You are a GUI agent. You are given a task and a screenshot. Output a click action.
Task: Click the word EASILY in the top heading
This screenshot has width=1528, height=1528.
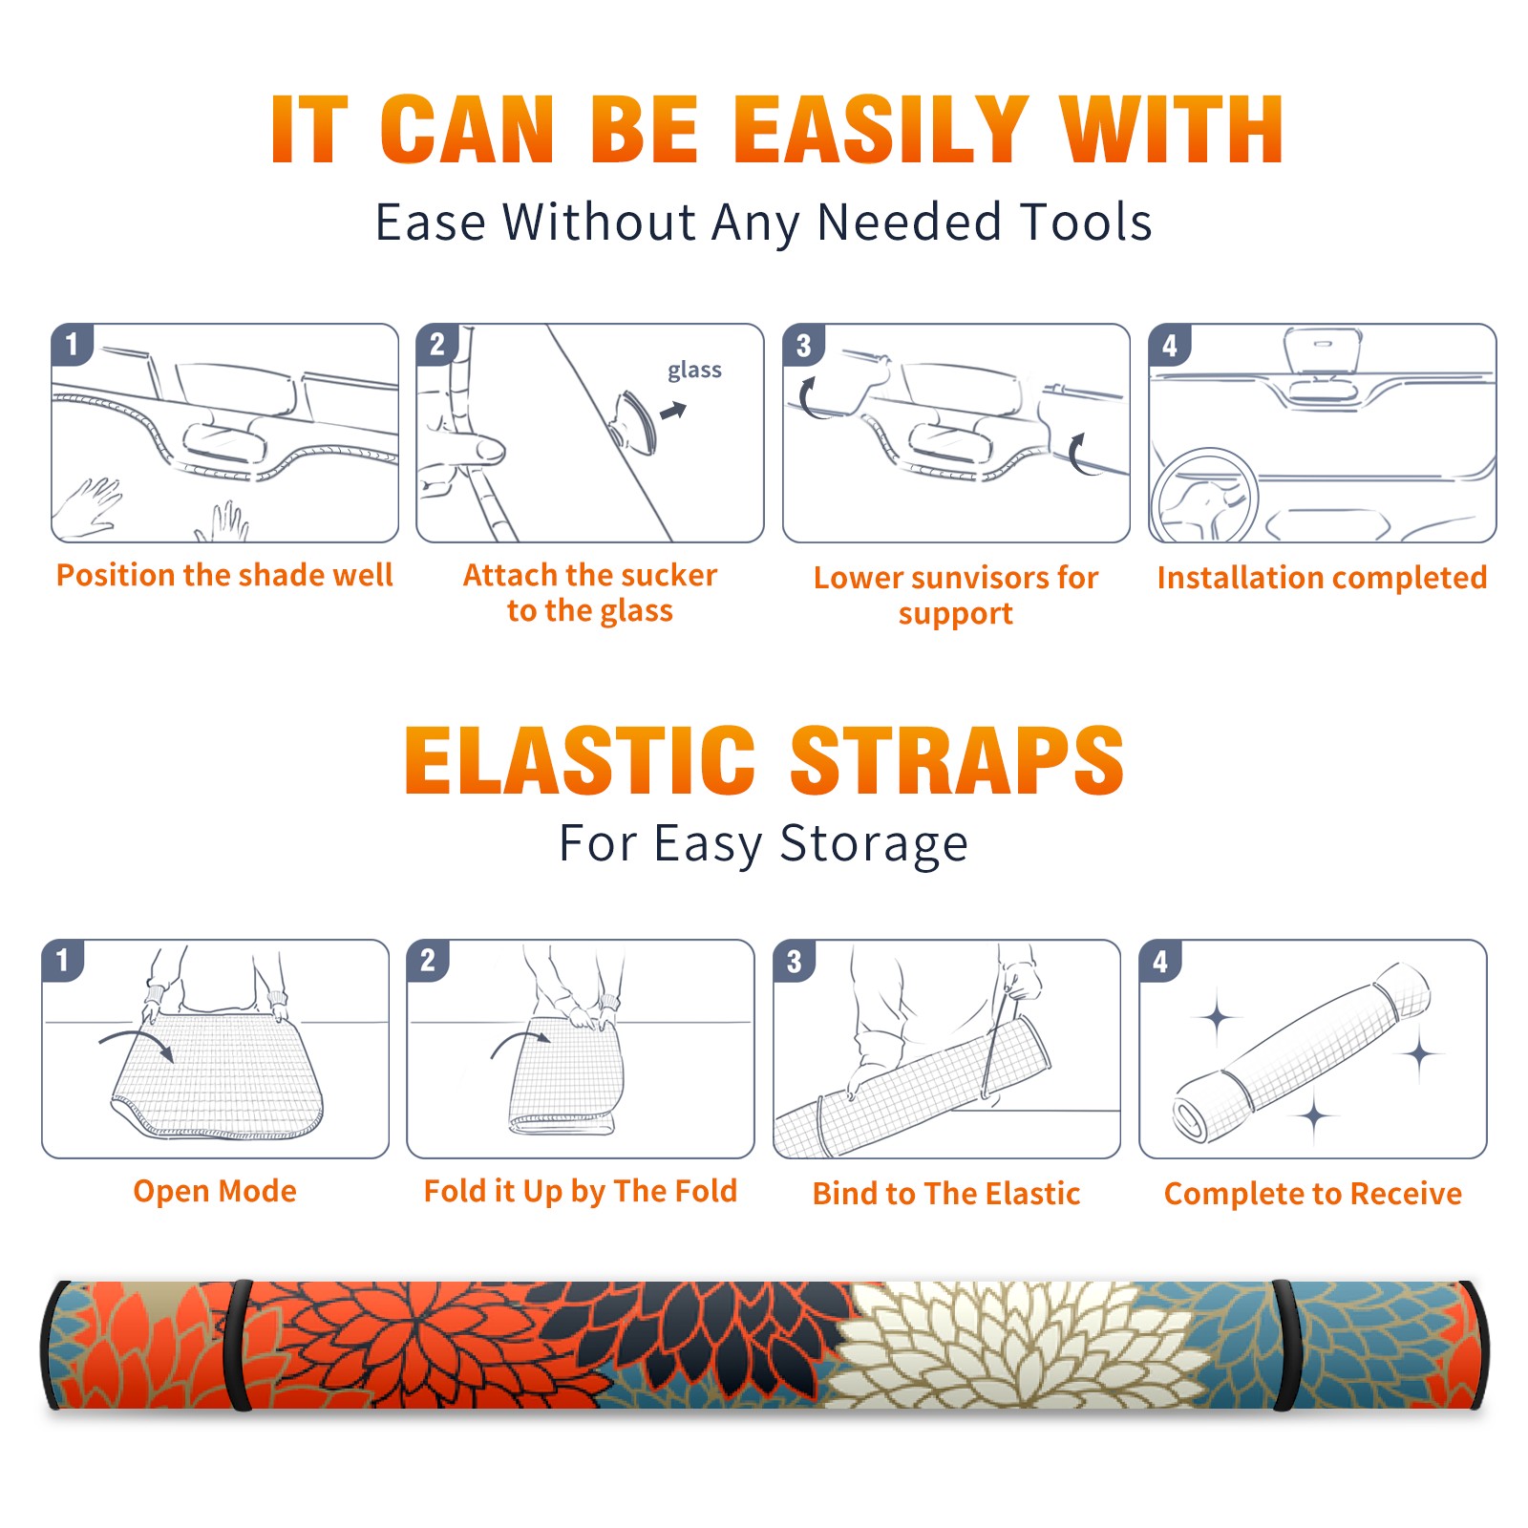(881, 130)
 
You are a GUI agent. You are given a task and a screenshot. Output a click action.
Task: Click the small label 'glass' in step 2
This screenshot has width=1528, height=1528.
(694, 371)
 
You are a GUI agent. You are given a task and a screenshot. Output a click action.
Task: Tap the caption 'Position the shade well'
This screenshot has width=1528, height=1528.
(224, 575)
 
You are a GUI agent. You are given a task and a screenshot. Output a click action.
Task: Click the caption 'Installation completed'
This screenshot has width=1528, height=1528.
(1322, 577)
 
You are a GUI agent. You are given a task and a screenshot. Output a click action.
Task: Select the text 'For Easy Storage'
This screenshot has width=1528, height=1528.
(764, 843)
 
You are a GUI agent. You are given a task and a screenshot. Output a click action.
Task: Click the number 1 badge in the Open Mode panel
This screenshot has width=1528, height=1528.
(63, 960)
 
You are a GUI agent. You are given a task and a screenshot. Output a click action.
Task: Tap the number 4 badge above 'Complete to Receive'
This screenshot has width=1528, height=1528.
(1160, 960)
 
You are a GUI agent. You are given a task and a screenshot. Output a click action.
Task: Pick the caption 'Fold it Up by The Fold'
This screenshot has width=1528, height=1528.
(581, 1191)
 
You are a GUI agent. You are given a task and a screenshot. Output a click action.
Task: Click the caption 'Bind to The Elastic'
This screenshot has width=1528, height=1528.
(946, 1194)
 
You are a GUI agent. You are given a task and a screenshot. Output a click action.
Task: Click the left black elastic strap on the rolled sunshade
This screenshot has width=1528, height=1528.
(238, 1345)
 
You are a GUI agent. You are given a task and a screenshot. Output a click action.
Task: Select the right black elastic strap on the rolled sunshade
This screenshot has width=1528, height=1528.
(1284, 1345)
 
